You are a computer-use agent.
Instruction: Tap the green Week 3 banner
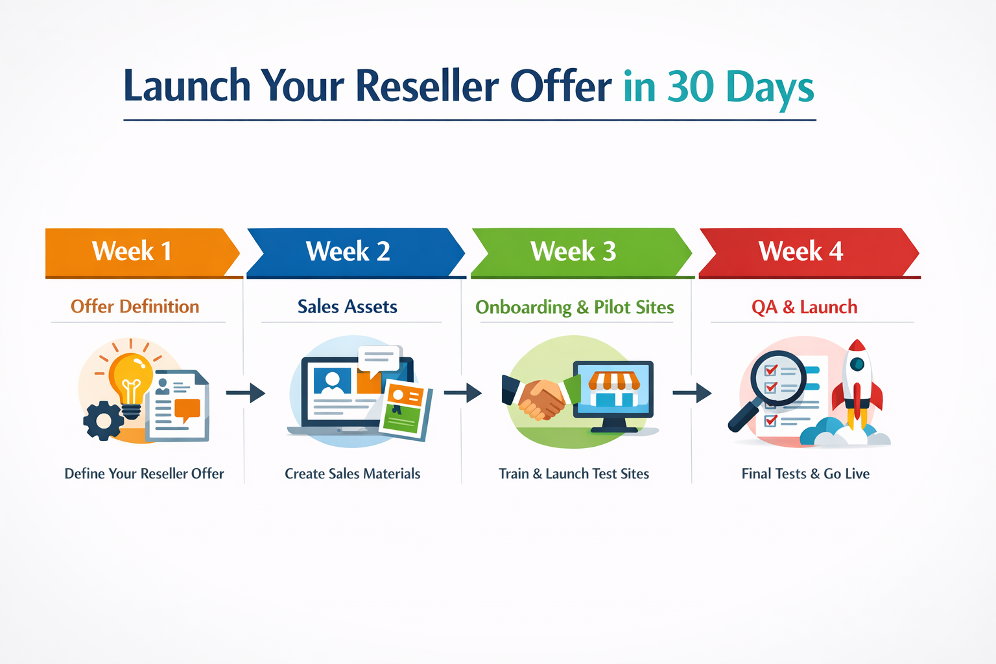pos(573,252)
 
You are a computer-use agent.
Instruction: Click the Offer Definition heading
pos(135,307)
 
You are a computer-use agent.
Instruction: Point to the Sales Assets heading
pos(348,307)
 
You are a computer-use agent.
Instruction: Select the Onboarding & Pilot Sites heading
pos(575,307)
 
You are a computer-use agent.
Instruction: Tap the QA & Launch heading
pos(804,307)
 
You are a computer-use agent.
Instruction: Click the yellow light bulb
pos(131,379)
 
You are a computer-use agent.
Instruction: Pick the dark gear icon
pos(102,421)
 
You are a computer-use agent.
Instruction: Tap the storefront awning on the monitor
pos(613,381)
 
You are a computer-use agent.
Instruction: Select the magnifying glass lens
pos(777,378)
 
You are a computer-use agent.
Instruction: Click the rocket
pos(857,383)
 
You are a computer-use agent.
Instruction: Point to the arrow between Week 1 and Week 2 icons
pos(246,393)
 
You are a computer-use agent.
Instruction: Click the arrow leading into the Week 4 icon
pos(692,393)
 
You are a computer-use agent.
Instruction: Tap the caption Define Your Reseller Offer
pos(144,474)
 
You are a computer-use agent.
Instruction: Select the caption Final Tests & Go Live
pos(805,474)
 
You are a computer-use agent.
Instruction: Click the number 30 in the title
pos(691,86)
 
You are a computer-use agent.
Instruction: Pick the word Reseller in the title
pos(428,86)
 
